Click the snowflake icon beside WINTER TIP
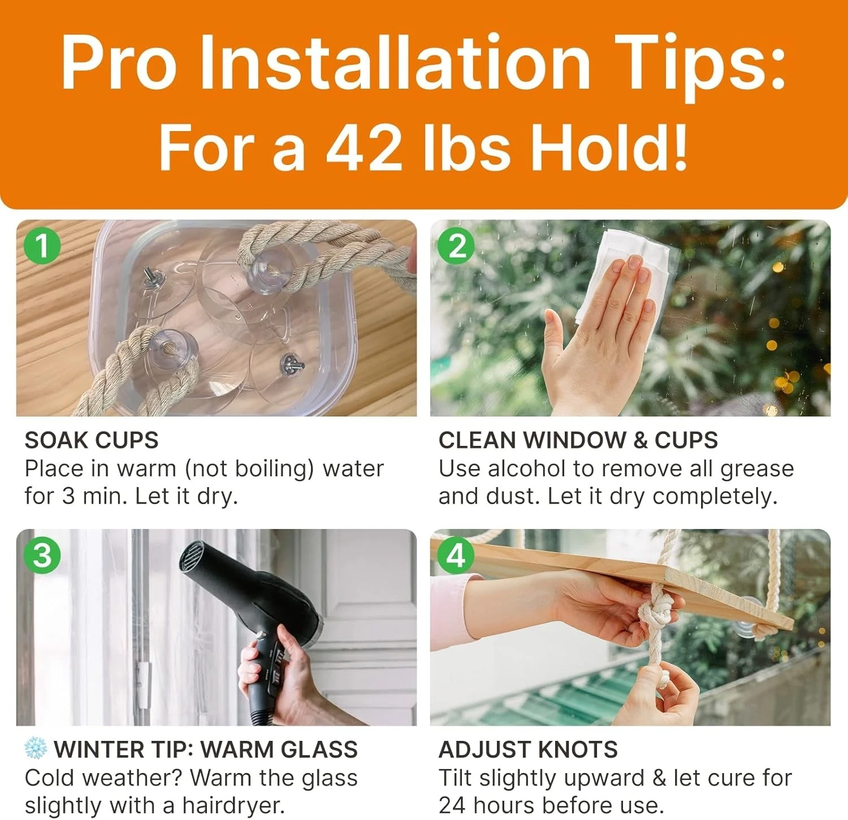pos(36,748)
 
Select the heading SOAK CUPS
pos(92,440)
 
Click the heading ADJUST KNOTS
pos(528,749)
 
